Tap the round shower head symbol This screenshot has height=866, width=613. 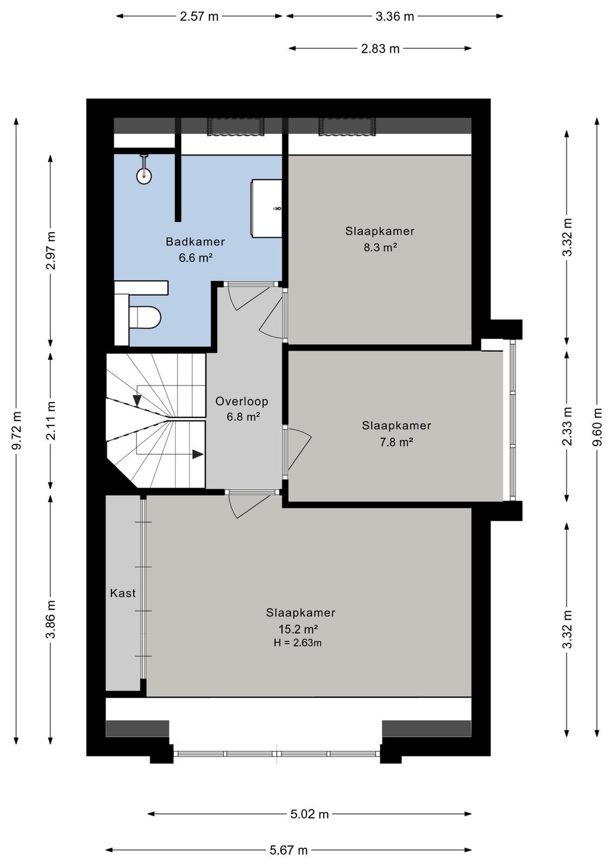144,176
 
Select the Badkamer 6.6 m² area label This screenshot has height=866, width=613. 195,250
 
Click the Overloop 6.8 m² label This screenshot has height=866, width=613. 242,409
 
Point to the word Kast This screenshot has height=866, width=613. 122,593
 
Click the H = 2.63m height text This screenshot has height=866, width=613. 297,643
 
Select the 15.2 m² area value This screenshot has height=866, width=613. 298,629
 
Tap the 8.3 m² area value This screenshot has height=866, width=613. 380,247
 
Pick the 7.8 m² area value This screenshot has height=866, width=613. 396,442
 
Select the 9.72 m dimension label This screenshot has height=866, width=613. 17,431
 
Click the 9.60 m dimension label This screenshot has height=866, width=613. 597,427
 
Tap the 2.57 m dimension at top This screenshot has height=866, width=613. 199,17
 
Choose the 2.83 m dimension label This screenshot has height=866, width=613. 380,49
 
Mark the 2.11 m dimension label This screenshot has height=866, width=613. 51,421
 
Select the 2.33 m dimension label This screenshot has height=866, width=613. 567,427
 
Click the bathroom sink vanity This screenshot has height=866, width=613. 266,208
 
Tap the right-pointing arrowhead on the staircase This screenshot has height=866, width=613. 198,454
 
